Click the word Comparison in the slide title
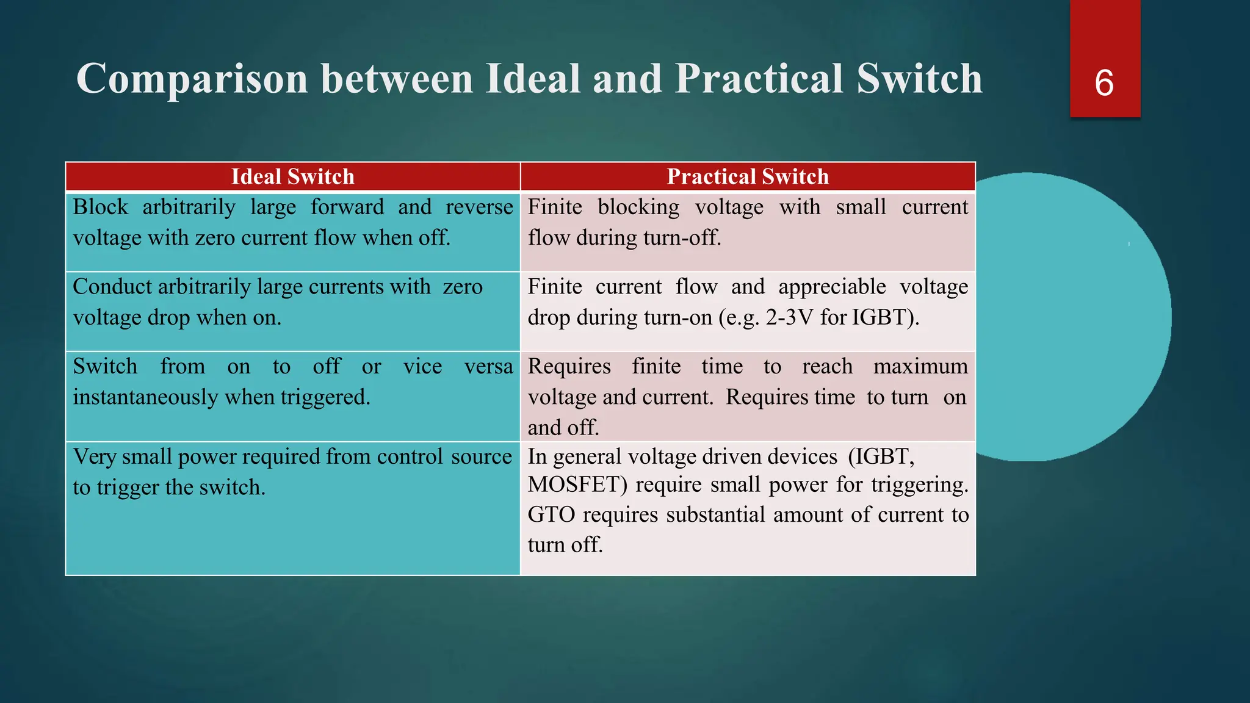tap(192, 79)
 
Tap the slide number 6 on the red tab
tap(1104, 83)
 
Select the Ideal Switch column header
tap(292, 177)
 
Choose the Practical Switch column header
tap(748, 177)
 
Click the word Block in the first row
tap(101, 207)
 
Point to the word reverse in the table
tap(479, 207)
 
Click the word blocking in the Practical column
tap(638, 207)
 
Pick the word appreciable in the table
tap(832, 287)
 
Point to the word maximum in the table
tap(920, 366)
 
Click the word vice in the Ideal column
tap(422, 366)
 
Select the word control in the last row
tap(410, 456)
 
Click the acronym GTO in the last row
tap(551, 514)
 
